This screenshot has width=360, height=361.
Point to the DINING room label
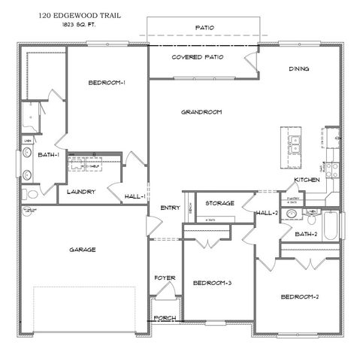pyautogui.click(x=299, y=69)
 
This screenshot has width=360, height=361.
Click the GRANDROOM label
pyautogui.click(x=201, y=112)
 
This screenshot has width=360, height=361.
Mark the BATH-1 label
pyautogui.click(x=50, y=155)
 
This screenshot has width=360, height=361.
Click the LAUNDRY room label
pyautogui.click(x=80, y=192)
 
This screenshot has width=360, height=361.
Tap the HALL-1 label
pyautogui.click(x=135, y=196)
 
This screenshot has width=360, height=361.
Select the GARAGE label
pyautogui.click(x=83, y=250)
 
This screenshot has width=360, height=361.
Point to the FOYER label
pyautogui.click(x=165, y=278)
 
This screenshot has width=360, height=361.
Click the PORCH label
pyautogui.click(x=165, y=318)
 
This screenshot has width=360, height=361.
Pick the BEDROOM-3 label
pyautogui.click(x=212, y=283)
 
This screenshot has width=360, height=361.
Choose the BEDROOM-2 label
pyautogui.click(x=301, y=296)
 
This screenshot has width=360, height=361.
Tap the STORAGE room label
pyautogui.click(x=220, y=203)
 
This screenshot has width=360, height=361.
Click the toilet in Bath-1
pyautogui.click(x=28, y=175)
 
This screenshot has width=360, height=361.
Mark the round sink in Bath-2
pyautogui.click(x=312, y=214)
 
